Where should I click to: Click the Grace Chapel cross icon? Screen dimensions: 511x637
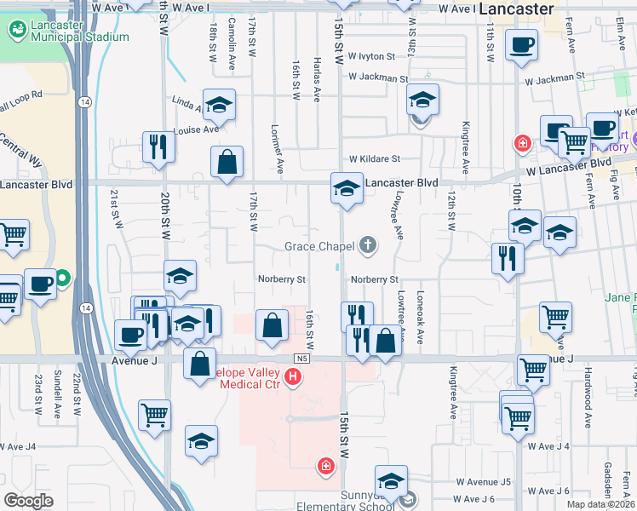(368, 246)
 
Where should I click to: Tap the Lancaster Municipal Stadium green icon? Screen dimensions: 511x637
(17, 30)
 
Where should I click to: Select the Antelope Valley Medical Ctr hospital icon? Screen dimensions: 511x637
(294, 376)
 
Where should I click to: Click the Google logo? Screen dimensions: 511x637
(29, 501)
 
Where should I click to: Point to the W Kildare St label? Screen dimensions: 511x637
(374, 159)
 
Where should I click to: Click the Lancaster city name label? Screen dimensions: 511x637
(516, 9)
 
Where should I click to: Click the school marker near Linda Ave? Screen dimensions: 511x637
(219, 105)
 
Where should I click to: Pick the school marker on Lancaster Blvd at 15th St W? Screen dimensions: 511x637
(347, 188)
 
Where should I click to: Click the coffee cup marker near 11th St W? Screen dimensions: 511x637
(521, 45)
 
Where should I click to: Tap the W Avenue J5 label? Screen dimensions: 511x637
(483, 482)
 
